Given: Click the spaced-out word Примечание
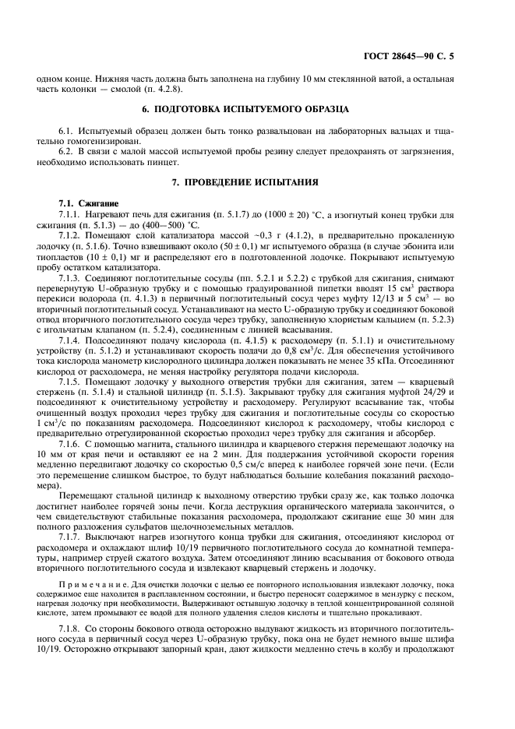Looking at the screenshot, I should [90, 604].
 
